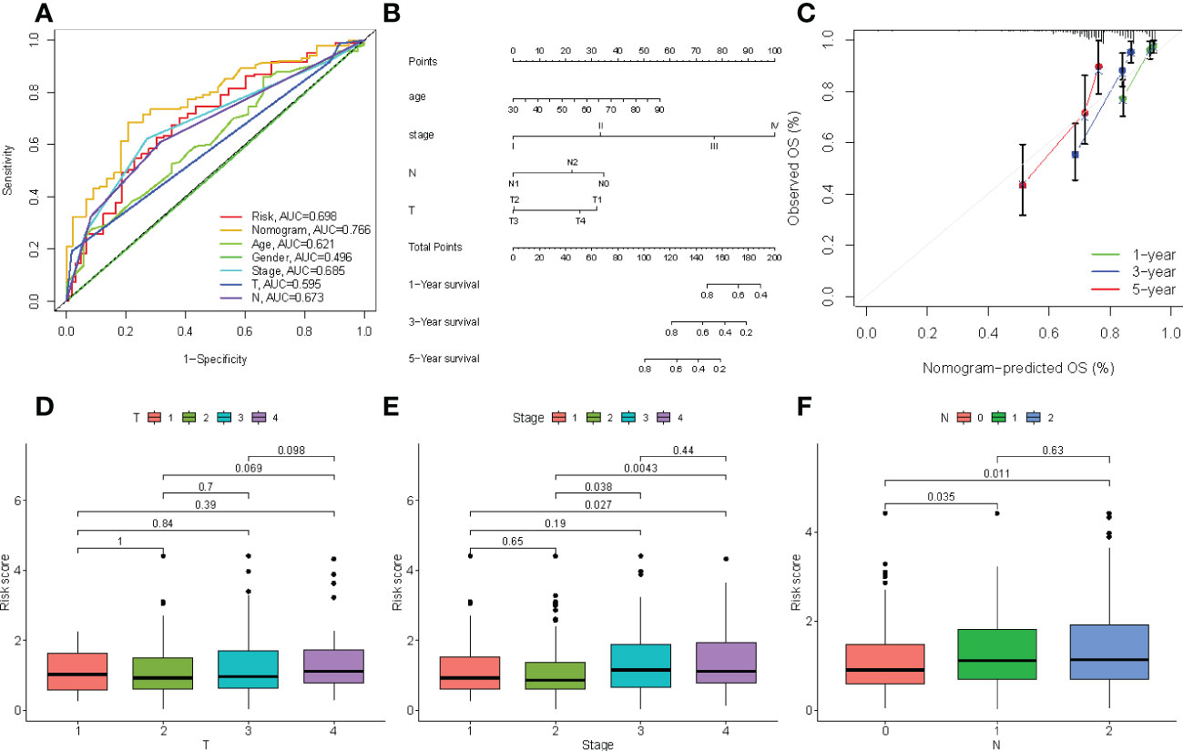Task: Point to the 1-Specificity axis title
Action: (215, 359)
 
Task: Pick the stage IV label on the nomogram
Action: (774, 127)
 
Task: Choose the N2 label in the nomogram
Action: (572, 162)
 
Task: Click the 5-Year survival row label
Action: (444, 359)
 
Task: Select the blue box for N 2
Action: (1109, 652)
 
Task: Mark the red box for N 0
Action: (886, 663)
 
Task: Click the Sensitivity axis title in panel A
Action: (8, 168)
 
